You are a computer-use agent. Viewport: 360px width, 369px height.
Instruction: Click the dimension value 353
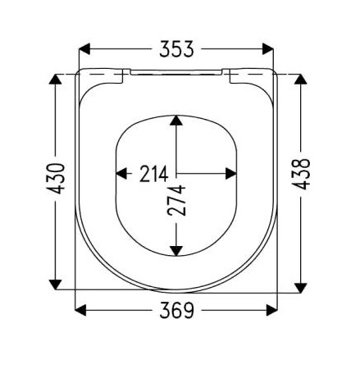(x=176, y=49)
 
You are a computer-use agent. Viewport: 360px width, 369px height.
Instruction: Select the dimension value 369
(x=176, y=310)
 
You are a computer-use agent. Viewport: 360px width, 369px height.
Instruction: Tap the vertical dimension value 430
(x=56, y=179)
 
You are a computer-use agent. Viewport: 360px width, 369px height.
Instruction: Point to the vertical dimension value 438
(x=301, y=174)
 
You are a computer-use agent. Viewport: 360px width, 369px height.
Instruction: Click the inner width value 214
(x=153, y=174)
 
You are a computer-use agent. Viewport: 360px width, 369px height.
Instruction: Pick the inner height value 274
(x=176, y=200)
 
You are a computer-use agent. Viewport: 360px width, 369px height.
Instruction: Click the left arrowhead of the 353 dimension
(x=84, y=49)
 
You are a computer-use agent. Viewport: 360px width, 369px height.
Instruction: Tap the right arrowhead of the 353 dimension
(x=267, y=49)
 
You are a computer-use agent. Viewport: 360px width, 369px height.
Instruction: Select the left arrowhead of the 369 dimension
(x=80, y=310)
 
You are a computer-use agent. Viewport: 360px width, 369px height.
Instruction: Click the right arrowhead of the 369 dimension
(x=271, y=310)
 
